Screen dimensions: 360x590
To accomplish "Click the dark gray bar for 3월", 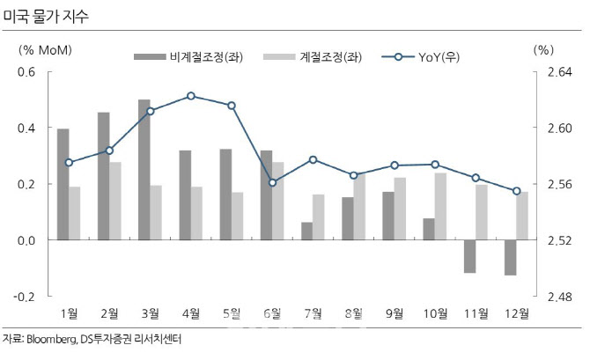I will coord(144,169).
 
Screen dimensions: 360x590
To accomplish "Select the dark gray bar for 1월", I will coord(63,184).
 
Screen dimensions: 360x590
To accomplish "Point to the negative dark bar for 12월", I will coord(510,257).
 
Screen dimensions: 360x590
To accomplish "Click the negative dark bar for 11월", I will coord(469,256).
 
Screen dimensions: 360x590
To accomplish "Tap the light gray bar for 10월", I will coord(440,206).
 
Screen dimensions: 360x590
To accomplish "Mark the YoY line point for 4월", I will coord(191,96).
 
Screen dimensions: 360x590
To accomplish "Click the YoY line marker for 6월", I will coord(272,182).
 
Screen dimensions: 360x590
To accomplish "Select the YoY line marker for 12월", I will coord(517,191).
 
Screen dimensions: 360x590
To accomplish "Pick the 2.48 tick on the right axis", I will coord(553,297).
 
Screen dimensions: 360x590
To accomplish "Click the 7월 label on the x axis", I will coord(313,312).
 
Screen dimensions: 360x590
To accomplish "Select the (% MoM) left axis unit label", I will coord(45,49).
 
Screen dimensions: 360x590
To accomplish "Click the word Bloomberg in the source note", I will coord(52,339).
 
